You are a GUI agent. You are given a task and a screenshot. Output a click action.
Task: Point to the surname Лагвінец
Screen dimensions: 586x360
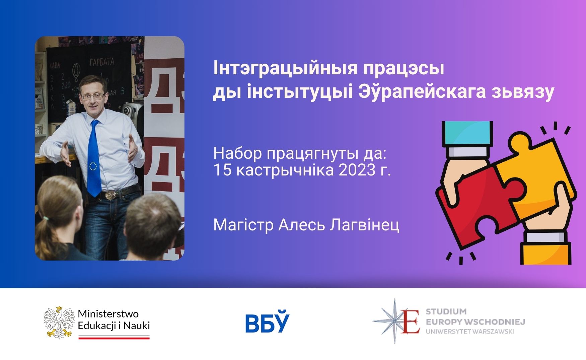click(364, 225)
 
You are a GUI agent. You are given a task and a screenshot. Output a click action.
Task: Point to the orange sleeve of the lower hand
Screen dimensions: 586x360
click(546, 253)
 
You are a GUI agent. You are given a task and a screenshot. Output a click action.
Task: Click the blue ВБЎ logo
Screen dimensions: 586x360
click(267, 322)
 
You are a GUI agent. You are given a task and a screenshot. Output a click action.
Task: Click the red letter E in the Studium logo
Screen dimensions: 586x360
click(411, 321)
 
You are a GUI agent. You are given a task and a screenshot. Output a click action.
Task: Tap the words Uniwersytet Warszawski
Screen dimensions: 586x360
click(470, 332)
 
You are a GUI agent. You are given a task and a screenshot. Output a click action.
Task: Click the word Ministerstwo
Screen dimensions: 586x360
click(108, 314)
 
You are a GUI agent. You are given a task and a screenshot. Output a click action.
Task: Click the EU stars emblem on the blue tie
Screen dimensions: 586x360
click(93, 165)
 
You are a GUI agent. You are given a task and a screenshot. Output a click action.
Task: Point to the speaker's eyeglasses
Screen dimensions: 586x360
click(92, 96)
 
